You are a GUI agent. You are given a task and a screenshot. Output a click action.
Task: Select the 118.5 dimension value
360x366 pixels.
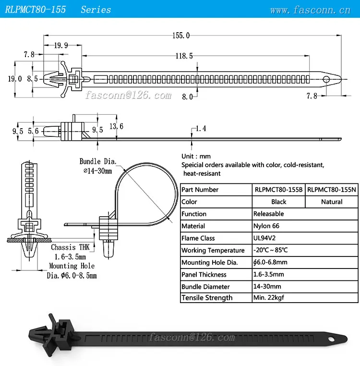184,56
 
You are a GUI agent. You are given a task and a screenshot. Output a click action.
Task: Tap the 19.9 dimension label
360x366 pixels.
60,46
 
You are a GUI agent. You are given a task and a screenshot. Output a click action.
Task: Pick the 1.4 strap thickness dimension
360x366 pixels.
201,128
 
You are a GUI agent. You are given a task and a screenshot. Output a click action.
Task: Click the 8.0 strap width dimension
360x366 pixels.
187,97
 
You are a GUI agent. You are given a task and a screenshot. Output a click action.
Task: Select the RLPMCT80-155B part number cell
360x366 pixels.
278,190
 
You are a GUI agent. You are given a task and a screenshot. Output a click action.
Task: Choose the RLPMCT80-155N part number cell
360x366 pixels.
332,190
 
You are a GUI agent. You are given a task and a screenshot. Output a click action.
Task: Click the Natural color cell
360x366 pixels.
332,202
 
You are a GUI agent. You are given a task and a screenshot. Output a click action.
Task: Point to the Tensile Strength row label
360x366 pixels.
207,298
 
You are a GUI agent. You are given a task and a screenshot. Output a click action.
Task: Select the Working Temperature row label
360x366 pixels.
213,250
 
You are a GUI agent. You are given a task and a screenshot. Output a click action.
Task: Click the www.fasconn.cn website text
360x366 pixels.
310,10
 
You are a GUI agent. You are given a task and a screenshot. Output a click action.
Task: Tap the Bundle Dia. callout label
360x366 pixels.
98,161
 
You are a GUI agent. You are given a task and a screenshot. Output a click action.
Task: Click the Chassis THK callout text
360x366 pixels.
70,248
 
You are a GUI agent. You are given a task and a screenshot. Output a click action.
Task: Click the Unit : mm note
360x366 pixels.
196,157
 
